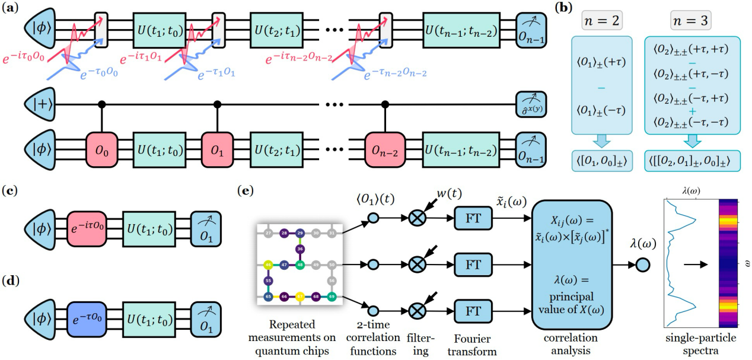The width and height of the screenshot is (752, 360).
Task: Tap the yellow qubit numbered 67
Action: point(300,295)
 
